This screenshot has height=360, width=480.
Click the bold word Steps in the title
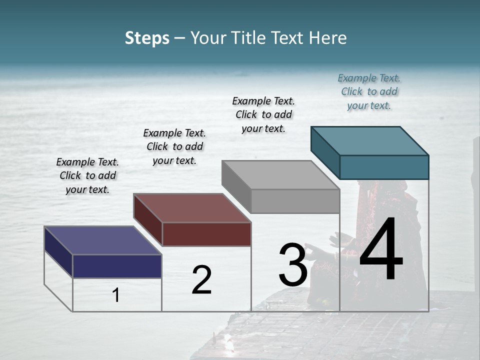(x=147, y=38)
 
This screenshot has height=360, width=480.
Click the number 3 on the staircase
(x=293, y=264)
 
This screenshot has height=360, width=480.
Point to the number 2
(x=201, y=280)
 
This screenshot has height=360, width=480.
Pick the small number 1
(x=116, y=295)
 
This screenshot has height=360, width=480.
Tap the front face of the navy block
(x=117, y=266)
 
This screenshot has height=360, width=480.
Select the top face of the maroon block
(x=192, y=207)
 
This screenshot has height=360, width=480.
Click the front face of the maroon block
(x=206, y=234)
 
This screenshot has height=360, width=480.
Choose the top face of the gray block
(x=280, y=175)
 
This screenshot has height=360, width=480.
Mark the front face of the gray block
(x=295, y=201)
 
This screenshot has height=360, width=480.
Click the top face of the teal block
(x=369, y=140)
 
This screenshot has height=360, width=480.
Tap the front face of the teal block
(x=384, y=167)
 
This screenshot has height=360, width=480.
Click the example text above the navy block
(x=87, y=175)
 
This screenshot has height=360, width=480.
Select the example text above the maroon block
(x=174, y=146)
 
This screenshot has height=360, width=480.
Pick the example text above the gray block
(x=263, y=114)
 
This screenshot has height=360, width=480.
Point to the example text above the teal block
(x=369, y=91)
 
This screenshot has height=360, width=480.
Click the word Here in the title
(x=328, y=38)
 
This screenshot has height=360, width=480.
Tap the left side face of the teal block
(x=325, y=152)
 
